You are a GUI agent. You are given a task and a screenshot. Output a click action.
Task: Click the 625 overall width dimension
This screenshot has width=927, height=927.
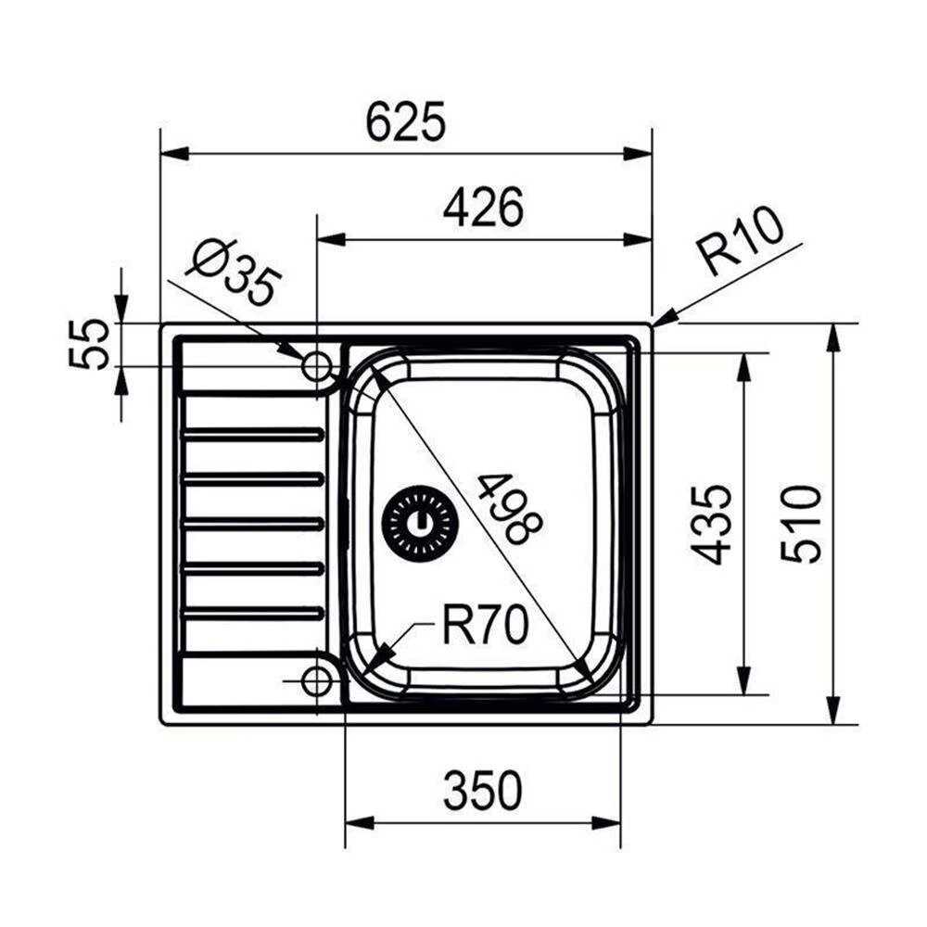[405, 122]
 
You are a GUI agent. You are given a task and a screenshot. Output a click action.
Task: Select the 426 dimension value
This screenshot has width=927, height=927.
[483, 209]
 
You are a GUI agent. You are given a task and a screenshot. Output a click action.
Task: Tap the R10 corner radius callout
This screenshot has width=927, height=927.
[742, 243]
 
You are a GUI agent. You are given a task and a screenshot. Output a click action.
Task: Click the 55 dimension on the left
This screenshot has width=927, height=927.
[90, 344]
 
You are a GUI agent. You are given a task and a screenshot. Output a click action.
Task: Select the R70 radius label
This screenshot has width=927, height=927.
[484, 626]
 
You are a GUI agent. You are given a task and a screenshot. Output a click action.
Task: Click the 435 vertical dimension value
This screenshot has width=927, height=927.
[715, 524]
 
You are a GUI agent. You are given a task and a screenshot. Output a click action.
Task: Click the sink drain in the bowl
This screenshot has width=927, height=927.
[421, 524]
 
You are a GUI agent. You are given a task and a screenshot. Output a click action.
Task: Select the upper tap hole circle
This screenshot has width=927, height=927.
[318, 367]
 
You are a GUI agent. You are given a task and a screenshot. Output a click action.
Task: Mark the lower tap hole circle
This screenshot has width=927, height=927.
[318, 681]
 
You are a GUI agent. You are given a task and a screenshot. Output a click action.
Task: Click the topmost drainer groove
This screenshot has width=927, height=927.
[253, 433]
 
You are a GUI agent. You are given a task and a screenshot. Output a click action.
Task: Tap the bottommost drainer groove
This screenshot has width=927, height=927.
[253, 613]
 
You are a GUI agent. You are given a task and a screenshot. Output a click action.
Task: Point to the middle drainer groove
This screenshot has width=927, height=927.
[253, 523]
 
